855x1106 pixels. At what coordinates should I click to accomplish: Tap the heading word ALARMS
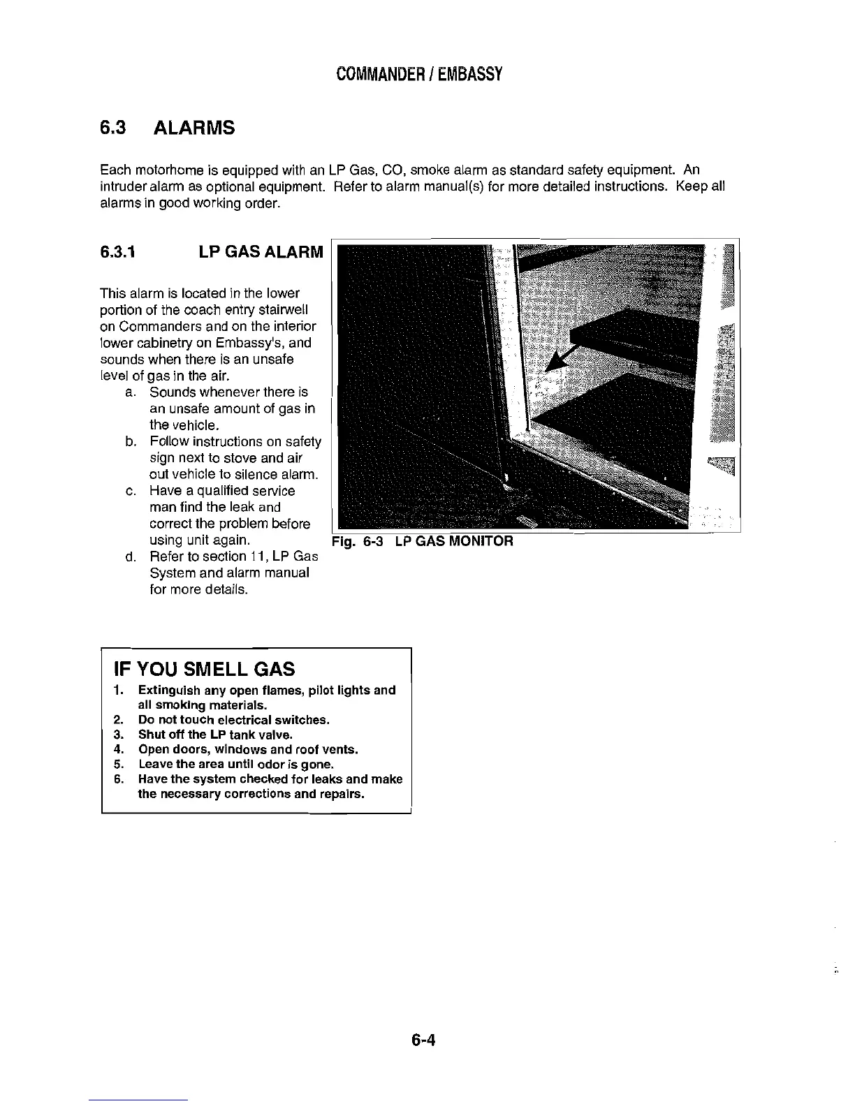point(193,128)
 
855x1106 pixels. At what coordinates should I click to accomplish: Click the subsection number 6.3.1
point(117,251)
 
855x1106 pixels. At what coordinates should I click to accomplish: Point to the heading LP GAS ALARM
point(261,251)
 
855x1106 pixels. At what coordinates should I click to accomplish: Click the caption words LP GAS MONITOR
point(453,541)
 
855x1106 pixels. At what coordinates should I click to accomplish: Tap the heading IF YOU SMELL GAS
point(204,670)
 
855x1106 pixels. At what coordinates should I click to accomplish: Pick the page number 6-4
point(423,1041)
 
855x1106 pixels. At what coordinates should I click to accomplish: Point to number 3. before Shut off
point(117,735)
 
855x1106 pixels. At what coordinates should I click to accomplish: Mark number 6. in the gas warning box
point(117,779)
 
